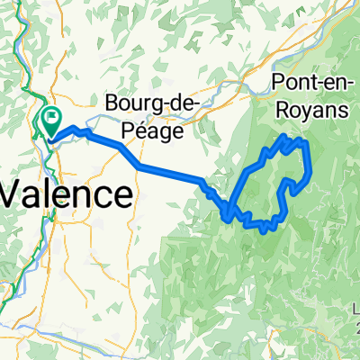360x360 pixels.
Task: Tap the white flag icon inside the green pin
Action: pyautogui.click(x=51, y=115)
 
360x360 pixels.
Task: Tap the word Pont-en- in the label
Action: pyautogui.click(x=311, y=86)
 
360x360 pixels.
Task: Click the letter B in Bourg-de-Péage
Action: pyautogui.click(x=113, y=103)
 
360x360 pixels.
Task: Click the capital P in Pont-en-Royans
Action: pyautogui.click(x=275, y=86)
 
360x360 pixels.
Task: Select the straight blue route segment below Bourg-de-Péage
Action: pyautogui.click(x=171, y=174)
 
